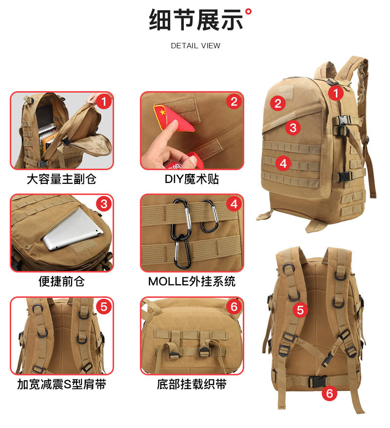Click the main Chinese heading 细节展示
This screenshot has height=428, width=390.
coord(195,20)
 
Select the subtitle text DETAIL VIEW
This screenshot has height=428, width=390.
coord(195,46)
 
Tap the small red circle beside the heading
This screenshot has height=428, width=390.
coord(249,11)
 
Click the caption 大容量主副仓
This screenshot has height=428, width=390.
coord(61,179)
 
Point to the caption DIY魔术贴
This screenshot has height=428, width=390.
coord(192,179)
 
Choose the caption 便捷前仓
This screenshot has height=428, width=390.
coord(61,281)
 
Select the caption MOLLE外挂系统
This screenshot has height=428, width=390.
coord(192,281)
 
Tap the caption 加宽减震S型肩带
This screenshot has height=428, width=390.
coord(61,384)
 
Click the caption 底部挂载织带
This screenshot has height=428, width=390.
coord(192,384)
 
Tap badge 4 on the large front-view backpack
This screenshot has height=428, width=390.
coord(283,163)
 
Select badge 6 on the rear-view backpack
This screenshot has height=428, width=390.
coord(330,393)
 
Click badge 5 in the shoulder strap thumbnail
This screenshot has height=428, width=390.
coord(103,307)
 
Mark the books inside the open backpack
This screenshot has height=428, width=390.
coord(47,136)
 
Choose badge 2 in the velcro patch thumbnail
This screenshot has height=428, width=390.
coord(234,101)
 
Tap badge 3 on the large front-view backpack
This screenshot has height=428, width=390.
coord(292,128)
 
